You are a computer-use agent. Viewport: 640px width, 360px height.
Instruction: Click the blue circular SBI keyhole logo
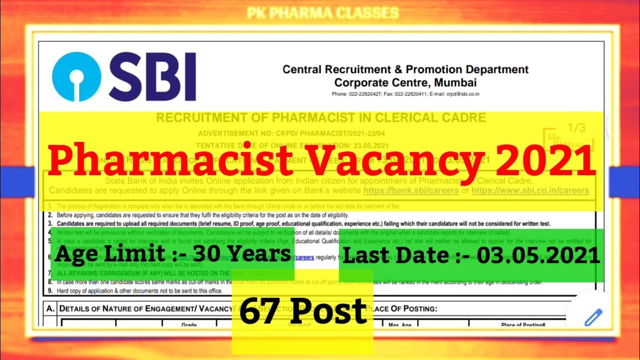tap(76, 76)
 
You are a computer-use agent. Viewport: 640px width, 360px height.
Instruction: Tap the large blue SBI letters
tap(152, 77)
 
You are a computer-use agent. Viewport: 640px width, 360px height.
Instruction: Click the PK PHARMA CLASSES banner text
tap(323, 12)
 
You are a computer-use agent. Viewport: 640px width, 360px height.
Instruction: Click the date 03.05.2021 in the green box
tap(538, 255)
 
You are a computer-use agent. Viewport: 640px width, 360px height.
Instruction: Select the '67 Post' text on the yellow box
tap(303, 310)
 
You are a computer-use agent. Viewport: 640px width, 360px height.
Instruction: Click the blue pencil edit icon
tap(593, 317)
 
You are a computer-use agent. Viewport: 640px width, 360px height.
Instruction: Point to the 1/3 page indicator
tap(576, 128)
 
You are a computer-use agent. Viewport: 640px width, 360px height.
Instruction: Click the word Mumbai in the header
tap(455, 82)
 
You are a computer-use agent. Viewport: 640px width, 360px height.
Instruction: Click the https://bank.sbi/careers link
tap(411, 190)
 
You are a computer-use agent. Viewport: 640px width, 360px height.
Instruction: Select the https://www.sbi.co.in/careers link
tap(530, 190)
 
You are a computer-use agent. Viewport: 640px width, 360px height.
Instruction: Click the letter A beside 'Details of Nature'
tap(50, 308)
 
